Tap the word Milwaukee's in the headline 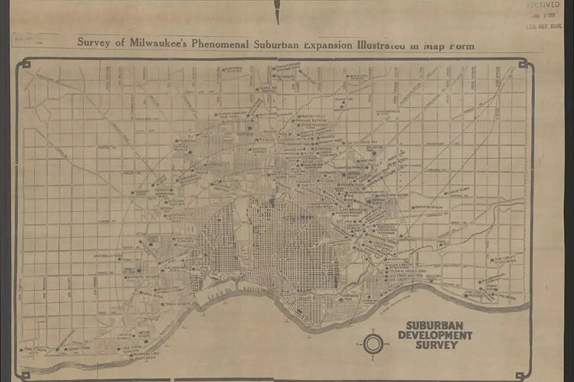click(152, 43)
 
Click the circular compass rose click(373, 344)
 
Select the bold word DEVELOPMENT click(435, 335)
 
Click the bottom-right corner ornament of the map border click(522, 375)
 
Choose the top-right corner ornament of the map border click(523, 64)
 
